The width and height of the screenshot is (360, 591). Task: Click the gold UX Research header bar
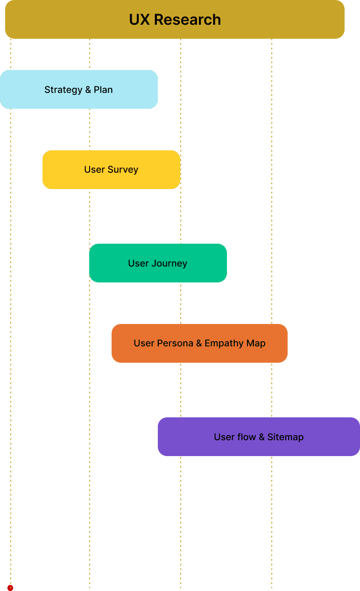click(x=175, y=19)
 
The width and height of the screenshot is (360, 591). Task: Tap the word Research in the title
click(x=187, y=20)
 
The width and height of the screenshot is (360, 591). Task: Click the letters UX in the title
click(x=139, y=20)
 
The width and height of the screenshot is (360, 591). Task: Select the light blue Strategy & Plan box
click(x=79, y=90)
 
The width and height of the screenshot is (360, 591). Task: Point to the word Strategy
click(x=64, y=90)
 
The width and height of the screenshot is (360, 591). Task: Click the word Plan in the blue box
click(x=103, y=90)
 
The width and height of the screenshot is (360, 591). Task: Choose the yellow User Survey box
click(x=112, y=169)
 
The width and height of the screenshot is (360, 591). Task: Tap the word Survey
click(x=123, y=170)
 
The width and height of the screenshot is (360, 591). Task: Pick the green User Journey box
click(x=158, y=263)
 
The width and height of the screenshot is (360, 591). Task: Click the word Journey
click(x=169, y=263)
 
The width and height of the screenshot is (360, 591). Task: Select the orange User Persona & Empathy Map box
click(x=199, y=343)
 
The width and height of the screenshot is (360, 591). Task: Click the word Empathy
click(x=224, y=344)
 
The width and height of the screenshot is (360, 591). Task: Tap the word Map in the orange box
click(x=256, y=344)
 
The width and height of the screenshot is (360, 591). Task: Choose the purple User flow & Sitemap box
click(x=259, y=436)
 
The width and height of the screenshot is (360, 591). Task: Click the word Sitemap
click(x=286, y=437)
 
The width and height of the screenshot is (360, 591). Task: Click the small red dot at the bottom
click(x=10, y=588)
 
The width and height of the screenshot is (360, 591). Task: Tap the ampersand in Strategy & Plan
click(x=88, y=90)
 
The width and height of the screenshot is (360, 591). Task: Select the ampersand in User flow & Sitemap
click(x=261, y=437)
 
